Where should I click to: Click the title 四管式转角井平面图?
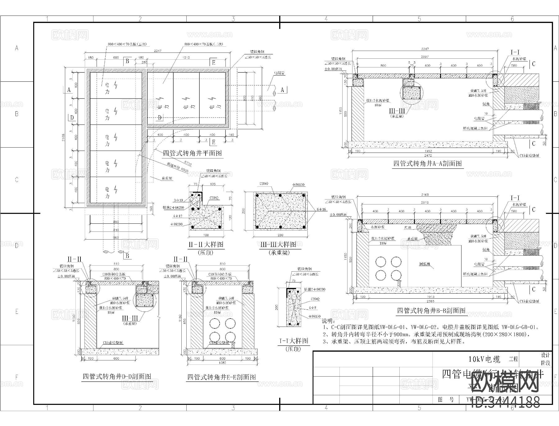coord(192,153)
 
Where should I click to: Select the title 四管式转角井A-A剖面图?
coord(427,163)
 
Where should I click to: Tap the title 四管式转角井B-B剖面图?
coord(431,310)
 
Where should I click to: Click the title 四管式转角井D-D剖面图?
coord(117,377)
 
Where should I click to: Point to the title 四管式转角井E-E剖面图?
coord(221,377)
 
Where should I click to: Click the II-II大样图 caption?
coord(206,245)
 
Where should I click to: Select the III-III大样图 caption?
coord(278,245)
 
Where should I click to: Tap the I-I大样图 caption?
coord(293,341)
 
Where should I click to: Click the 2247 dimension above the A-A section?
coord(425,49)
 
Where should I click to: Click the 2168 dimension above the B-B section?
coord(425,195)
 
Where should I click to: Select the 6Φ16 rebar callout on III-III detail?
coord(321,209)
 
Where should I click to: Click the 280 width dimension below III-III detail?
coord(280,235)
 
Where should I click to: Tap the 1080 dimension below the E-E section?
coord(222,362)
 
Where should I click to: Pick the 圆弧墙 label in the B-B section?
coord(425,264)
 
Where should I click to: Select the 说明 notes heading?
coord(328,321)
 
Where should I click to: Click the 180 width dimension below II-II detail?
coord(205,235)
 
